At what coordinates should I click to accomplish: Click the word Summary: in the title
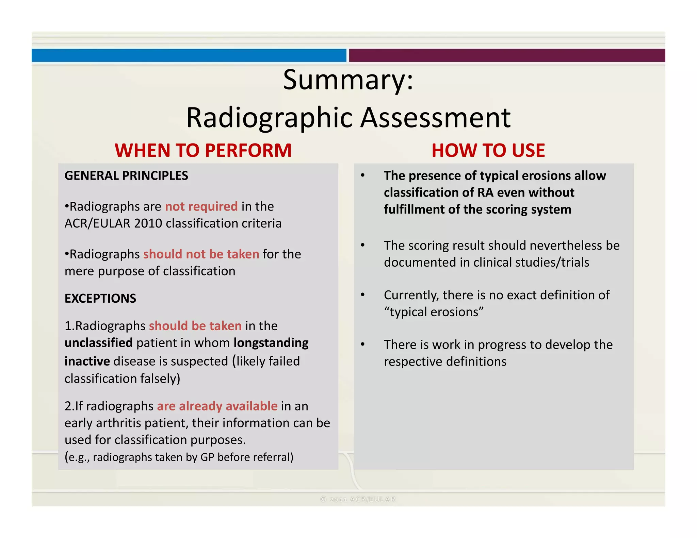click(348, 80)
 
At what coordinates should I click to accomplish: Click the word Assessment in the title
click(435, 118)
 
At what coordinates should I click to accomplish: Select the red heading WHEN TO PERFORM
click(203, 150)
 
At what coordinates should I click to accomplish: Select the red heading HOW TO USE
click(488, 150)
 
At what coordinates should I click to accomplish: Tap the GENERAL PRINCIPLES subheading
click(126, 176)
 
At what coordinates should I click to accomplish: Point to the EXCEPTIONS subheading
click(100, 299)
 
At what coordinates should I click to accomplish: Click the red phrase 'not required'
click(201, 206)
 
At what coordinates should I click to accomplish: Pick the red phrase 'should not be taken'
click(201, 254)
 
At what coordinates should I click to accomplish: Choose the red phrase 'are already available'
click(217, 406)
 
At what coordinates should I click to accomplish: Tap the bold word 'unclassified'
click(99, 343)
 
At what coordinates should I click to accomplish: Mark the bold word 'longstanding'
click(271, 343)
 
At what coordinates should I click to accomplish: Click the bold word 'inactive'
click(87, 361)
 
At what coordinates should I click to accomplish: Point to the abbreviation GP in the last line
click(207, 457)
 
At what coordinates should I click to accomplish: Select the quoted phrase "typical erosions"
click(434, 312)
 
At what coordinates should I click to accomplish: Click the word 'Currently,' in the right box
click(411, 295)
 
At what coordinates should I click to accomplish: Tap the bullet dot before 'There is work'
click(363, 344)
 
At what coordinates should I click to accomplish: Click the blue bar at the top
click(189, 55)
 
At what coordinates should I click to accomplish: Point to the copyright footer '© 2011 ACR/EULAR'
click(358, 499)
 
